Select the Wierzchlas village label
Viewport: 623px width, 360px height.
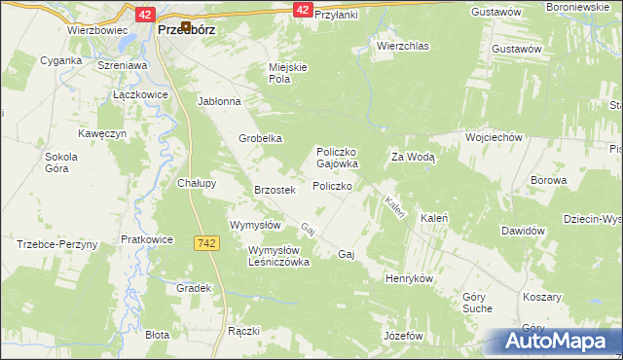[x=402, y=46]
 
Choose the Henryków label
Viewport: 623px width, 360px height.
[x=408, y=278]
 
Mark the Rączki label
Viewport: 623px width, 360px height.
[x=243, y=331]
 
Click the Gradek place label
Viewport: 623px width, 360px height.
[x=195, y=288]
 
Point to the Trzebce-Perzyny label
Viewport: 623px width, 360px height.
[x=57, y=244]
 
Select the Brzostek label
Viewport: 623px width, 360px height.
[x=274, y=190]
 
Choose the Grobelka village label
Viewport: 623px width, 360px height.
[x=261, y=138]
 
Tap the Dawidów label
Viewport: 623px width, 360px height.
[x=521, y=231]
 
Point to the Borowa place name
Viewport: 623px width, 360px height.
[x=548, y=180]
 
